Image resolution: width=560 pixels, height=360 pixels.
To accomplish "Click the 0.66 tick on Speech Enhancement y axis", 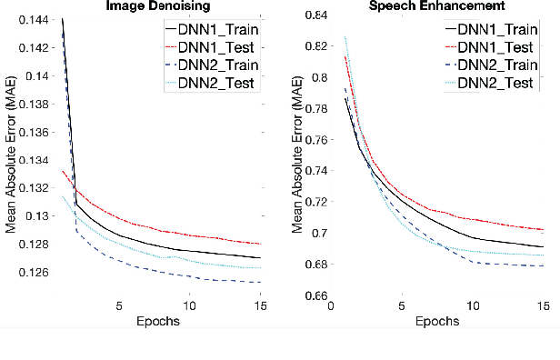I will coord(316,296).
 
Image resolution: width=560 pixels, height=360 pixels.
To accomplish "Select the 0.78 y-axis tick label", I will coord(316,108).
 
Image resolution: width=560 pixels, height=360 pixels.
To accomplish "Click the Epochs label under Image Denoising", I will coord(160,323).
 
